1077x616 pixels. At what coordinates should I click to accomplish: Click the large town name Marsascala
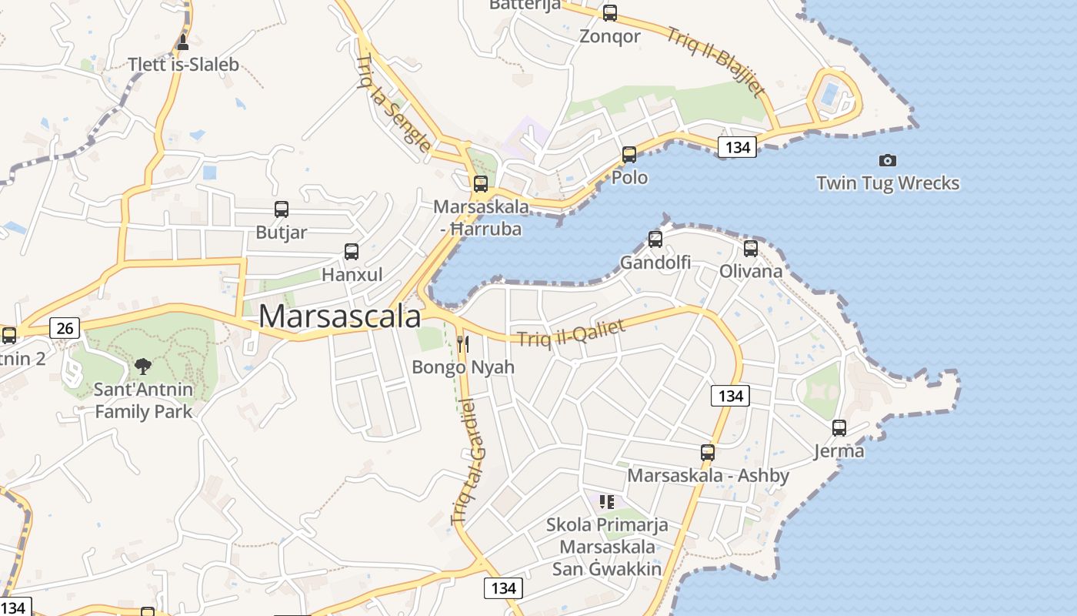point(340,316)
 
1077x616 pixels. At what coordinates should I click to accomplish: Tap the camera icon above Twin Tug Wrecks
point(888,160)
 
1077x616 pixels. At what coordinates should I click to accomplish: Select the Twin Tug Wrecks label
point(888,183)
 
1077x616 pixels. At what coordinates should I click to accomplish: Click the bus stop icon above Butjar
point(282,209)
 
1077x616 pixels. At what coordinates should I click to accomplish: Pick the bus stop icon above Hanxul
point(352,251)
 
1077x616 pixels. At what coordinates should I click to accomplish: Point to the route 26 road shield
point(65,329)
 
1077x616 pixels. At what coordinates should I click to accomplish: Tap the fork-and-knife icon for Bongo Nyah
point(462,343)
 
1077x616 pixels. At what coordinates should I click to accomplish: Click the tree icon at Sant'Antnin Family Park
point(142,366)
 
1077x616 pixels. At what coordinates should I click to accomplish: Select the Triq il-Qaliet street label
point(571,333)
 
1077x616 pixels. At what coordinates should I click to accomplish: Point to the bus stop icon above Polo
point(629,155)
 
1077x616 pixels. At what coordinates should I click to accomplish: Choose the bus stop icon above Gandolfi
point(655,239)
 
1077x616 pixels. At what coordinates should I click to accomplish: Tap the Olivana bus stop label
point(750,271)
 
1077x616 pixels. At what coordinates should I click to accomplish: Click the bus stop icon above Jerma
point(839,427)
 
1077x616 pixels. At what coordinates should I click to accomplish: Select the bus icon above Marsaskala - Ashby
point(708,453)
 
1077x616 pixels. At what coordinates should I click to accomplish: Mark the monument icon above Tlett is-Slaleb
point(182,41)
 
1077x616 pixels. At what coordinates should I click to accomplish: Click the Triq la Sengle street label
point(393,102)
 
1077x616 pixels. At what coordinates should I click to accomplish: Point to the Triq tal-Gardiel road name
point(469,462)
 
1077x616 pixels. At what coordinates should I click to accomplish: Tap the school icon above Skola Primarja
point(607,502)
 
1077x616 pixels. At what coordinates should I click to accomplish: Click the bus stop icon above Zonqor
point(610,13)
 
